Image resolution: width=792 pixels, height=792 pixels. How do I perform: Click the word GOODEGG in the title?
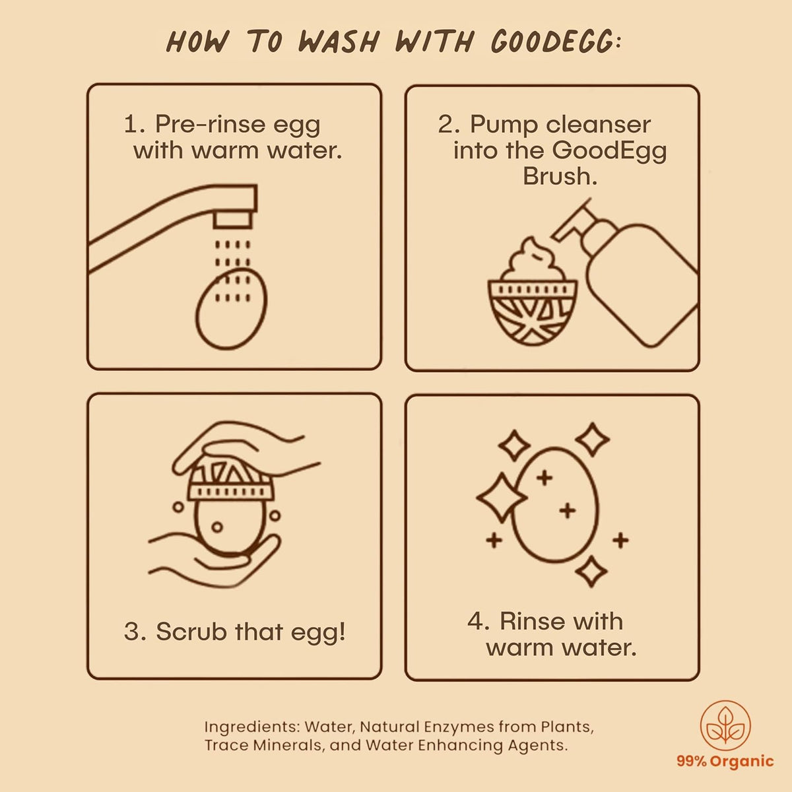tap(552, 42)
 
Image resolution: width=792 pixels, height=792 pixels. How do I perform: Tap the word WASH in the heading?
tap(338, 42)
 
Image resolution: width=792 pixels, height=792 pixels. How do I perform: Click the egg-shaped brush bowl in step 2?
tap(532, 312)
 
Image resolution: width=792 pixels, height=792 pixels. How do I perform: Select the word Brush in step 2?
tap(560, 177)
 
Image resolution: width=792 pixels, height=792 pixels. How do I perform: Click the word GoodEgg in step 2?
tap(610, 151)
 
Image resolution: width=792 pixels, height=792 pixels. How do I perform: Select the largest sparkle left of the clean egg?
tap(502, 498)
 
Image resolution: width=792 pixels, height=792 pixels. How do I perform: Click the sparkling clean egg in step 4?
tap(555, 505)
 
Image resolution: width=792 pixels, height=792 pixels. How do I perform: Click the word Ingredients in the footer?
tap(251, 727)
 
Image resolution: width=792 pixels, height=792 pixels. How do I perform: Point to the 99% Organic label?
tap(725, 762)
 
